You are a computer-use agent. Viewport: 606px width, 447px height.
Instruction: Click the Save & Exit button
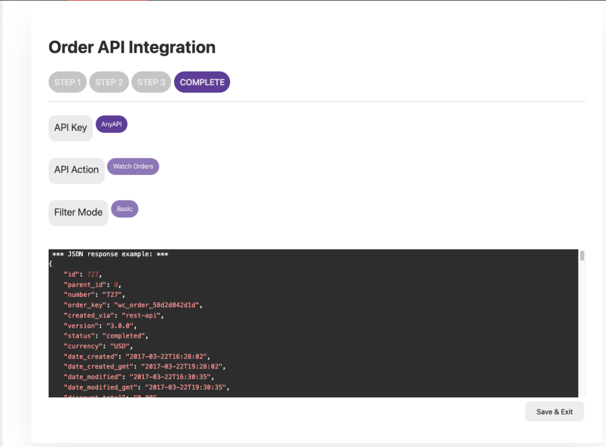(554, 412)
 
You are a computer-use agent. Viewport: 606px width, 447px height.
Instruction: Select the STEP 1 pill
(68, 82)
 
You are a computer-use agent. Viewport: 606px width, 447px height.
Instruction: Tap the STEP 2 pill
(109, 82)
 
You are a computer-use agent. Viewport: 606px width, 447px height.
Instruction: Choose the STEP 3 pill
(151, 82)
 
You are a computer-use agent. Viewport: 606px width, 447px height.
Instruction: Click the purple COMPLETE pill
(202, 82)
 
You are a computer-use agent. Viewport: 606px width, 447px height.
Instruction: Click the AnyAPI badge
(111, 124)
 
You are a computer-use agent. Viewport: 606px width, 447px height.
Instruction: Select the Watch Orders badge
(133, 166)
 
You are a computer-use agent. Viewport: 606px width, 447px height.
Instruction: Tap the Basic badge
(124, 209)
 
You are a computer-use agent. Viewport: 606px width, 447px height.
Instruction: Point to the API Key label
(70, 128)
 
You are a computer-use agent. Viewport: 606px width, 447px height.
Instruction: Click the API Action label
(76, 170)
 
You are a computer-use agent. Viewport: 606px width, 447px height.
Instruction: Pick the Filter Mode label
(78, 212)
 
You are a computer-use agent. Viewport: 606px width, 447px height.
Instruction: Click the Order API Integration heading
(132, 47)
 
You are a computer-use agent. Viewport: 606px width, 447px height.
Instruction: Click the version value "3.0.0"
(121, 326)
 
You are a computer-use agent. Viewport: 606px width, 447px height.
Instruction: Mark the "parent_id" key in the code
(85, 284)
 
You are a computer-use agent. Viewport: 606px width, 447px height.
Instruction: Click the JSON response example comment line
(110, 254)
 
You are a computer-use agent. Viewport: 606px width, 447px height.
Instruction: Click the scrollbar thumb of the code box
(582, 255)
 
